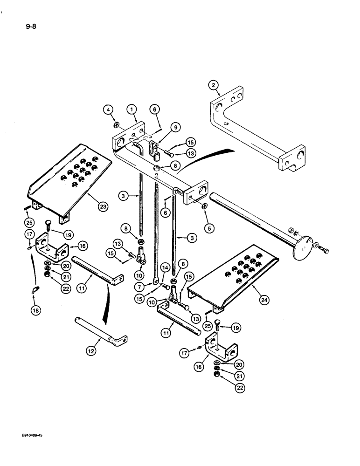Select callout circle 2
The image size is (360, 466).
(x=213, y=85)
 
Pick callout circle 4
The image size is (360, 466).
(x=109, y=110)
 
